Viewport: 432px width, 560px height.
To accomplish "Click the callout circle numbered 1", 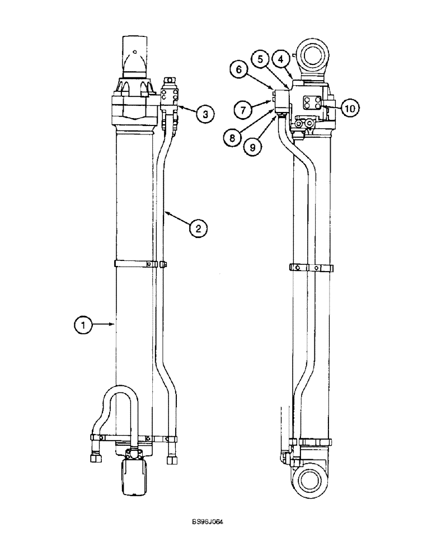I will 83,324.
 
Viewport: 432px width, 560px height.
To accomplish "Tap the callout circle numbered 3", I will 205,114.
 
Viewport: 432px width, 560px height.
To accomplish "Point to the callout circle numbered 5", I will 259,58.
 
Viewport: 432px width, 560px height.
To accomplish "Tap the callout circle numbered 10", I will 349,109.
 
